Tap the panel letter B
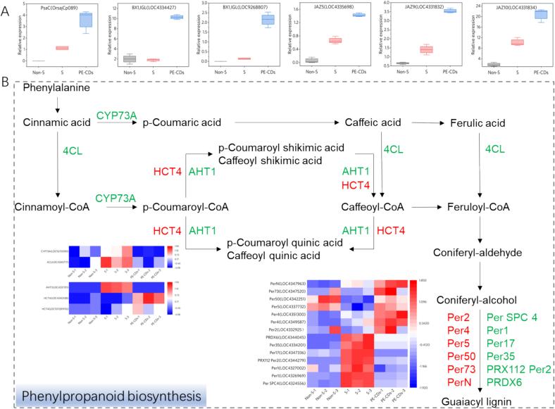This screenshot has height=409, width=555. point(7,82)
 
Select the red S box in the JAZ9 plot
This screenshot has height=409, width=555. point(425,49)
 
